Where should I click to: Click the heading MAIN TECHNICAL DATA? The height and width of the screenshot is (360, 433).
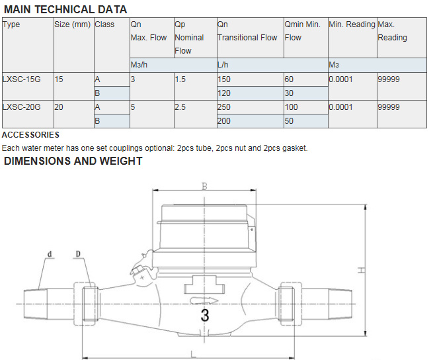tap(65, 9)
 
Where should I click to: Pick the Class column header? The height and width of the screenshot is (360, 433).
tap(104, 24)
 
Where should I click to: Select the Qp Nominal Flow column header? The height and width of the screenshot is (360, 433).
tap(189, 37)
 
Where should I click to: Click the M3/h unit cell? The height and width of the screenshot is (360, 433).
tap(139, 65)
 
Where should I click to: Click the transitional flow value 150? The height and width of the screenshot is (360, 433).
tap(225, 79)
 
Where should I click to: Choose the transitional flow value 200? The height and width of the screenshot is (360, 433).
tap(225, 121)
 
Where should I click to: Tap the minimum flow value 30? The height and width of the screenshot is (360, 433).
tap(290, 93)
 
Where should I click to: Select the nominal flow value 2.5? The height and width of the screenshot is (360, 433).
tap(180, 107)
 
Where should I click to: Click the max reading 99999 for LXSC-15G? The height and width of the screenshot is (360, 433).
tap(389, 79)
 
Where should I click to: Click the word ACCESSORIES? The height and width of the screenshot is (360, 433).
tap(31, 135)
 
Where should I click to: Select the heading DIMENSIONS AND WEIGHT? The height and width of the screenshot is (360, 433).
tap(73, 161)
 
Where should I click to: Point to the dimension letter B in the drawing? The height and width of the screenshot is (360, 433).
tap(204, 187)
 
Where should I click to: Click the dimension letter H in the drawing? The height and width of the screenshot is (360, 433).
tap(361, 269)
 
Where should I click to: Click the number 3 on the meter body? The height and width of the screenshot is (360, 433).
tap(205, 316)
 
